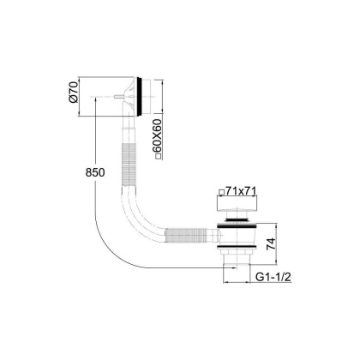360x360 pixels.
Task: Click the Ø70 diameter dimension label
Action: [74, 93]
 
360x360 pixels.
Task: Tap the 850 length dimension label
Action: [95, 172]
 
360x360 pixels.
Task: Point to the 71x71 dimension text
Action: [240, 191]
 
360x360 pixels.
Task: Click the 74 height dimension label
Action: [272, 243]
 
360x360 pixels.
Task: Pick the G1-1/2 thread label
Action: [273, 277]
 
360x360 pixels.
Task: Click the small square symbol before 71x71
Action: [221, 192]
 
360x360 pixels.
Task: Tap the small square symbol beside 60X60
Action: [158, 156]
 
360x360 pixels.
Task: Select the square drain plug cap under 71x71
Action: [237, 203]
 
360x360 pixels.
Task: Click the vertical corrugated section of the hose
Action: [129, 165]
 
